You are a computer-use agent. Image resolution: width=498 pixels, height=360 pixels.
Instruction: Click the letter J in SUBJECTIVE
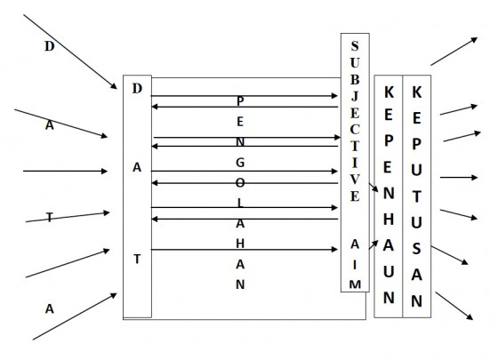click(x=355, y=96)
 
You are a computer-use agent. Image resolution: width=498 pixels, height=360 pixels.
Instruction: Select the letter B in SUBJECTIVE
click(x=355, y=80)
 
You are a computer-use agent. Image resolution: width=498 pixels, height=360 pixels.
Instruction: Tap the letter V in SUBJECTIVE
click(x=355, y=180)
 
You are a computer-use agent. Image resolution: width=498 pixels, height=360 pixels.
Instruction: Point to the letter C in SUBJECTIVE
click(x=355, y=129)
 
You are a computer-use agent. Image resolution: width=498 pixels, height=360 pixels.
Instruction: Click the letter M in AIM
click(x=355, y=284)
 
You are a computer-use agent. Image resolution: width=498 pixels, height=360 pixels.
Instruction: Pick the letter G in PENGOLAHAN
click(x=240, y=163)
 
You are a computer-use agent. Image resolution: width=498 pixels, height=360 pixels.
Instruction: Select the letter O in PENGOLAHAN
click(x=240, y=183)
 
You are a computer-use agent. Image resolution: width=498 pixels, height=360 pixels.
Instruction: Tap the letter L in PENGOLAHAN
click(x=240, y=204)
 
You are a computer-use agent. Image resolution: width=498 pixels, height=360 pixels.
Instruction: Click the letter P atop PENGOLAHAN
click(x=240, y=101)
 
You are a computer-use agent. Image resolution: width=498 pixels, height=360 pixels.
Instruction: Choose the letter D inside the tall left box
click(x=137, y=89)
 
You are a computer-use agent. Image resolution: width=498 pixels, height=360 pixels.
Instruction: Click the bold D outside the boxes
click(x=49, y=46)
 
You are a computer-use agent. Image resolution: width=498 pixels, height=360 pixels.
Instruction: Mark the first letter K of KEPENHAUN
click(x=389, y=92)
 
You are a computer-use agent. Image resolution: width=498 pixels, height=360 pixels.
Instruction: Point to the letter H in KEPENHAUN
click(x=389, y=220)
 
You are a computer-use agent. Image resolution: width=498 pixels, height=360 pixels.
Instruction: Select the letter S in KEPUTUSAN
click(x=417, y=249)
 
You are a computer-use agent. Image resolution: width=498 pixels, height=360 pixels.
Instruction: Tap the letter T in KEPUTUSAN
click(x=417, y=196)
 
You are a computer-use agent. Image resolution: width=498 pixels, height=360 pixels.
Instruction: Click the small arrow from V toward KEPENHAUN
click(x=373, y=187)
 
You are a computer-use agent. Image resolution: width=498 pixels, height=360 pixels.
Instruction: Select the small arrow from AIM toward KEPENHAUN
click(x=373, y=244)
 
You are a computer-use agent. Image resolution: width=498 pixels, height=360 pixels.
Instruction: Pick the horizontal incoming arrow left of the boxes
click(x=65, y=171)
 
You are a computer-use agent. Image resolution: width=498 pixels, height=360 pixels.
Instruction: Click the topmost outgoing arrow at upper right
click(x=454, y=52)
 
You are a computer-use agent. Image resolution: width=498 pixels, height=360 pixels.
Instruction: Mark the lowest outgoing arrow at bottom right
click(x=454, y=306)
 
